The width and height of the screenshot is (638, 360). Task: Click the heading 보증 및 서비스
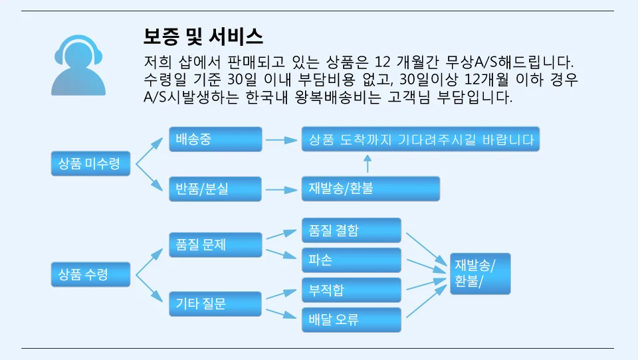pyautogui.click(x=203, y=36)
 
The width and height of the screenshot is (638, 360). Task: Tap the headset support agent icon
pyautogui.click(x=78, y=64)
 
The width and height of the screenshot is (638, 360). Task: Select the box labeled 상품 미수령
pyautogui.click(x=90, y=164)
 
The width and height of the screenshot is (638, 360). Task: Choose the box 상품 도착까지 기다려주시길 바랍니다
pyautogui.click(x=420, y=139)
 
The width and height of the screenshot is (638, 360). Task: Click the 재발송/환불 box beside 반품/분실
pyautogui.click(x=370, y=189)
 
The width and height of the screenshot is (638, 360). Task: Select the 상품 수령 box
pyautogui.click(x=90, y=274)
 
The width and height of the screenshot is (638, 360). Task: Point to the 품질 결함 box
pyautogui.click(x=351, y=230)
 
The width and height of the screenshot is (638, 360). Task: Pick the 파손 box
pyautogui.click(x=351, y=260)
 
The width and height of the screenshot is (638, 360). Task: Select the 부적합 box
pyautogui.click(x=351, y=290)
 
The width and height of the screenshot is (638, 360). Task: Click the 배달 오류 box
pyautogui.click(x=351, y=319)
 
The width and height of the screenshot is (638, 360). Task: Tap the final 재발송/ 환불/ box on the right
pyautogui.click(x=480, y=273)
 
